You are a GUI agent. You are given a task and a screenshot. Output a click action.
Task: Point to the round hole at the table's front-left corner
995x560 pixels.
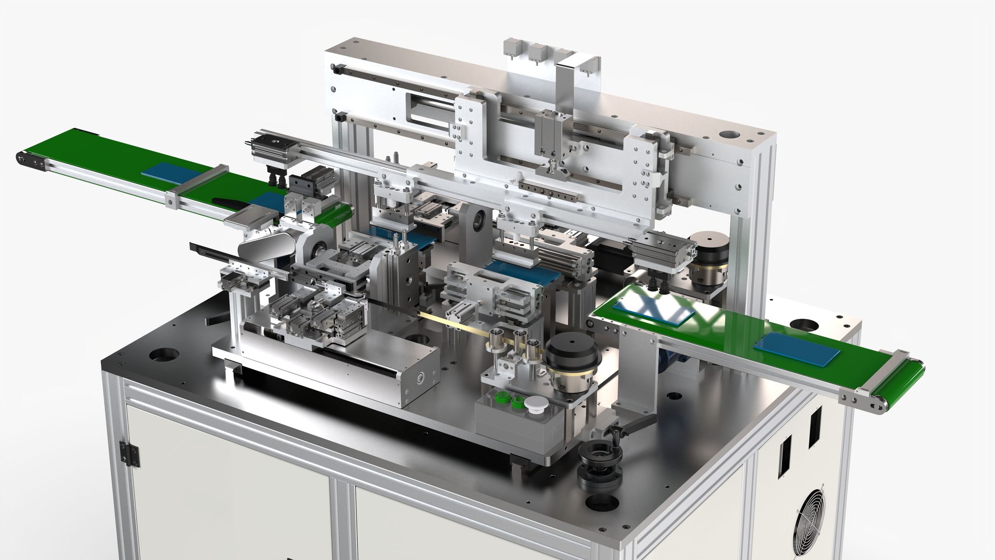[x=158, y=356]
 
